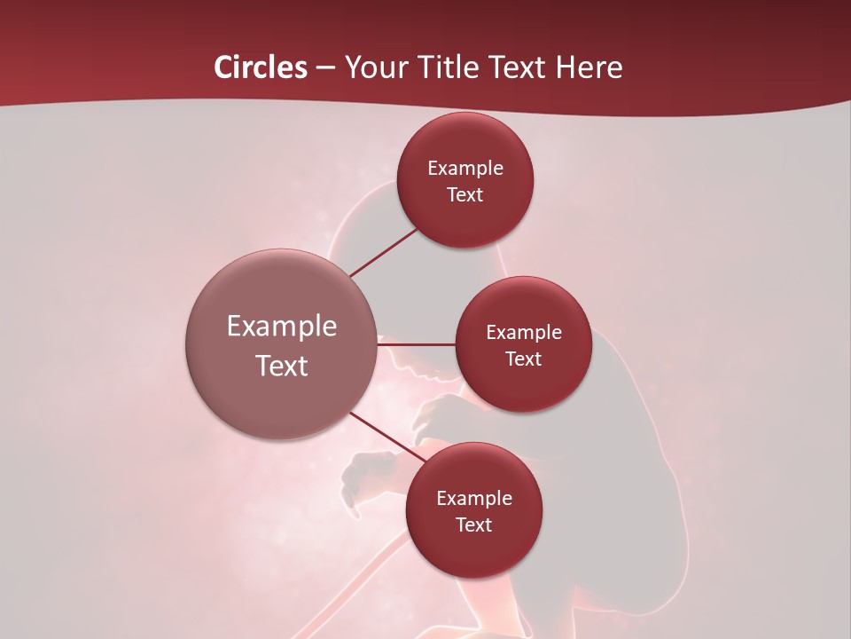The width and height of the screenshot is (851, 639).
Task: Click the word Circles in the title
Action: pos(260,67)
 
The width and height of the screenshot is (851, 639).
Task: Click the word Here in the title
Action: pos(589,67)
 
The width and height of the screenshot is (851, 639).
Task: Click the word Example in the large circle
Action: pos(282,327)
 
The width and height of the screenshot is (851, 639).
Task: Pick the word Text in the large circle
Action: pos(282,366)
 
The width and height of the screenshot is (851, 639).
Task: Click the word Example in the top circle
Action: pos(465,168)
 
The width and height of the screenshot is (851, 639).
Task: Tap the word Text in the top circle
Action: pos(465,194)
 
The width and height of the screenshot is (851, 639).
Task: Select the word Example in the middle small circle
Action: pos(524,332)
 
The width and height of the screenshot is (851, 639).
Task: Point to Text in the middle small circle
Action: pos(524,359)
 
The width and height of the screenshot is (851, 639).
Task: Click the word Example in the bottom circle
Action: pos(474,498)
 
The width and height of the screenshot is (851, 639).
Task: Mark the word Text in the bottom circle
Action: pos(474,525)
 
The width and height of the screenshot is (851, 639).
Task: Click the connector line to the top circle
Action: pos(385,251)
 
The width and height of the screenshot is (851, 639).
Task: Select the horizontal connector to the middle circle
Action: pos(416,343)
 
